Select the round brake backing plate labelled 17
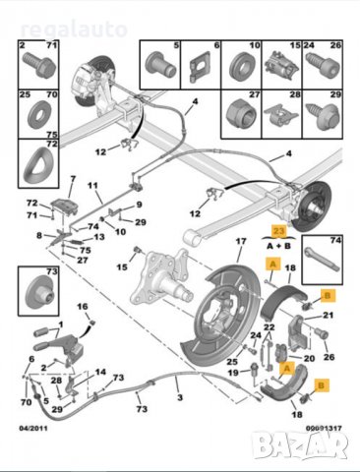click(221, 313)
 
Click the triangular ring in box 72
click(37, 163)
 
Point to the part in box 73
click(37, 292)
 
